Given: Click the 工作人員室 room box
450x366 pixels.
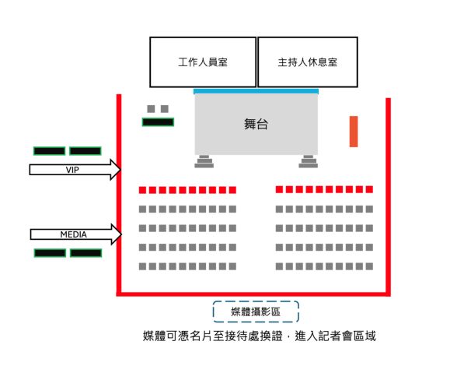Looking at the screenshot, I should tap(203, 62).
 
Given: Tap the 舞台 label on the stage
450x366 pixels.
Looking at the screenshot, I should tap(256, 124).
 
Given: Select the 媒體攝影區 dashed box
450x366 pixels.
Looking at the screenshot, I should tap(256, 311).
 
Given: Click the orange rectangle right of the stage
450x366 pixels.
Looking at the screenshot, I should tap(354, 131).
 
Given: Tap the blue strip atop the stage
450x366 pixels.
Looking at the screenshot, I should tap(256, 92).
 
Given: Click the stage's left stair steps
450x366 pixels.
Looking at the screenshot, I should tap(204, 162).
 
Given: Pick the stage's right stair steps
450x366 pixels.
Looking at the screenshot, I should tap(309, 162).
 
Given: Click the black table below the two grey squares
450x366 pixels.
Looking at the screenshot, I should tap(158, 122).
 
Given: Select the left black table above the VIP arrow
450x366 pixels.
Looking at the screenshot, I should tap(49, 151).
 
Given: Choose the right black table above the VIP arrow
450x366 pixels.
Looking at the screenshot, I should tap(85, 151).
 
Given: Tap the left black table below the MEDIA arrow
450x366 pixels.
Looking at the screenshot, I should tap(50, 253).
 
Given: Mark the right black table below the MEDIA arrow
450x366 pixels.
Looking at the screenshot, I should tap(85, 253).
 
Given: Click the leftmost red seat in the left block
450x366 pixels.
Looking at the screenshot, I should tap(143, 190).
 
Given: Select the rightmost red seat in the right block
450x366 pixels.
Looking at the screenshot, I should tap(369, 189).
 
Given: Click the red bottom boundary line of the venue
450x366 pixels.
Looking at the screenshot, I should tap(253, 294).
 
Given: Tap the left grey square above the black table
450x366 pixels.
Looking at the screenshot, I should tap(152, 109).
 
